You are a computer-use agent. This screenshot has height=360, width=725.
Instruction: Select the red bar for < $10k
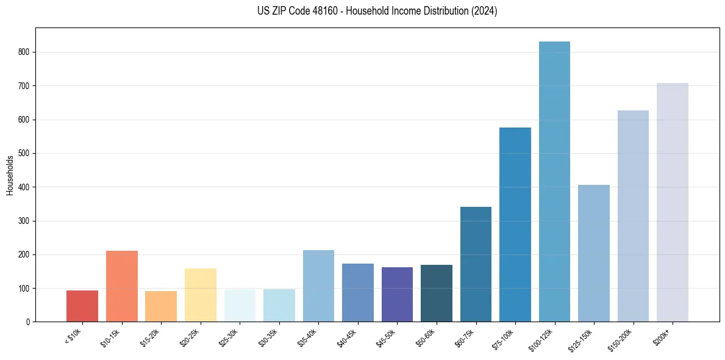82,306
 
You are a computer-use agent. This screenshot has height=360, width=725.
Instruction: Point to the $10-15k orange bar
122,286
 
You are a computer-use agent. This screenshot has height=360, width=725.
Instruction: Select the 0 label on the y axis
28,322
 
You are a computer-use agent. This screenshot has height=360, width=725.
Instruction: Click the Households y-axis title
10,175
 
